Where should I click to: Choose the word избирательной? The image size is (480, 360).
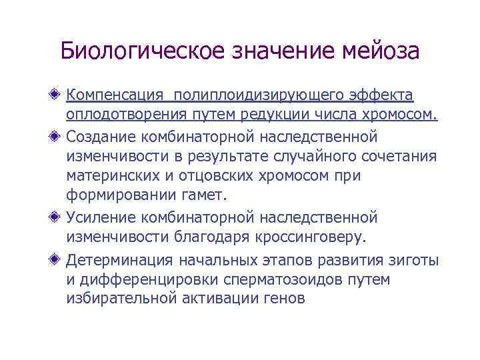121,299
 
